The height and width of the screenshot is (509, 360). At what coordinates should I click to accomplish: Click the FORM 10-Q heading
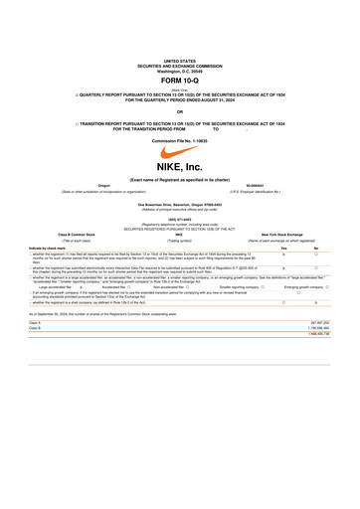[x=180, y=80]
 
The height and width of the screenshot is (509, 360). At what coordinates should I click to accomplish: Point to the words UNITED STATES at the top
[x=180, y=61]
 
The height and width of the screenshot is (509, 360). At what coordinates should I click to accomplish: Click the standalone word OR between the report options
[x=180, y=111]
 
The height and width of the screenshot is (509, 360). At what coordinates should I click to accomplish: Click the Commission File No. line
[x=180, y=140]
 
